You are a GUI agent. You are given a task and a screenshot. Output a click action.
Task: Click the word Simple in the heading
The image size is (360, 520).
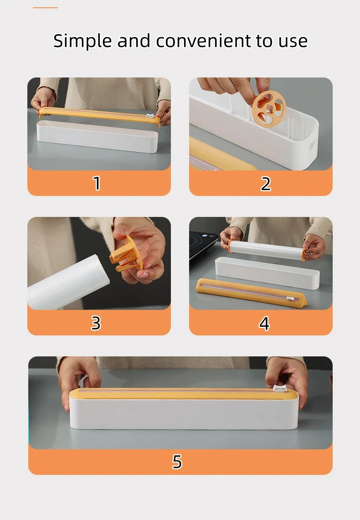(82, 41)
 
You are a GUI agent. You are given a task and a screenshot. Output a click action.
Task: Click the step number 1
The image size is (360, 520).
(97, 183)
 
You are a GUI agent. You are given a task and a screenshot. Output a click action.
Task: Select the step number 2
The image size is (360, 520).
(266, 184)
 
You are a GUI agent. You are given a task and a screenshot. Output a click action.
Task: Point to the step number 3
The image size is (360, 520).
(96, 323)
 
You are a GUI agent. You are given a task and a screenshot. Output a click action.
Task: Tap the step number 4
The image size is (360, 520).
(264, 323)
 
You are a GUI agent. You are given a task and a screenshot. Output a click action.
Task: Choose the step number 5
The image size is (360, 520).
(177, 462)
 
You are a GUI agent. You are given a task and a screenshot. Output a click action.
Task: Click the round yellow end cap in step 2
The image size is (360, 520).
(269, 109)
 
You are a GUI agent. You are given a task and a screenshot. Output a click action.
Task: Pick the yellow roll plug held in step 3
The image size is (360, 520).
(126, 254)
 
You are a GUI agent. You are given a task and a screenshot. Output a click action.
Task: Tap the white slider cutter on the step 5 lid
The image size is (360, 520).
(280, 388)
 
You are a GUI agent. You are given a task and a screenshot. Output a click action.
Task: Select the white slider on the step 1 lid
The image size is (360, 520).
(150, 116)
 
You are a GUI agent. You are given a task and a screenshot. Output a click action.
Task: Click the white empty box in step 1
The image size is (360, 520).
(97, 136)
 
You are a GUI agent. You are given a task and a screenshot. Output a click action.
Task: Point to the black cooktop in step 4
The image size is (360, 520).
(203, 243)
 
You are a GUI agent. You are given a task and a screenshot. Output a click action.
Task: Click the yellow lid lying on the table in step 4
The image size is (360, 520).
(251, 293)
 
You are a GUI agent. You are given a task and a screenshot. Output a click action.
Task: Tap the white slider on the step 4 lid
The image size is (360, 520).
(290, 299)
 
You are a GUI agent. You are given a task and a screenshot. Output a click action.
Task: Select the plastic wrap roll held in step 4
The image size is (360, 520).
(267, 250)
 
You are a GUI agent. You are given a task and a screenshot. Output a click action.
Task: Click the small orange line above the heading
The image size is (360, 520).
(46, 8)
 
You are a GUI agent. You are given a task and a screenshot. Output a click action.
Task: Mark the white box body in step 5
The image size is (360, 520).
(184, 413)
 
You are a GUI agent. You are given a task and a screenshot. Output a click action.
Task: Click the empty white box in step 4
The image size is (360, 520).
(267, 273)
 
